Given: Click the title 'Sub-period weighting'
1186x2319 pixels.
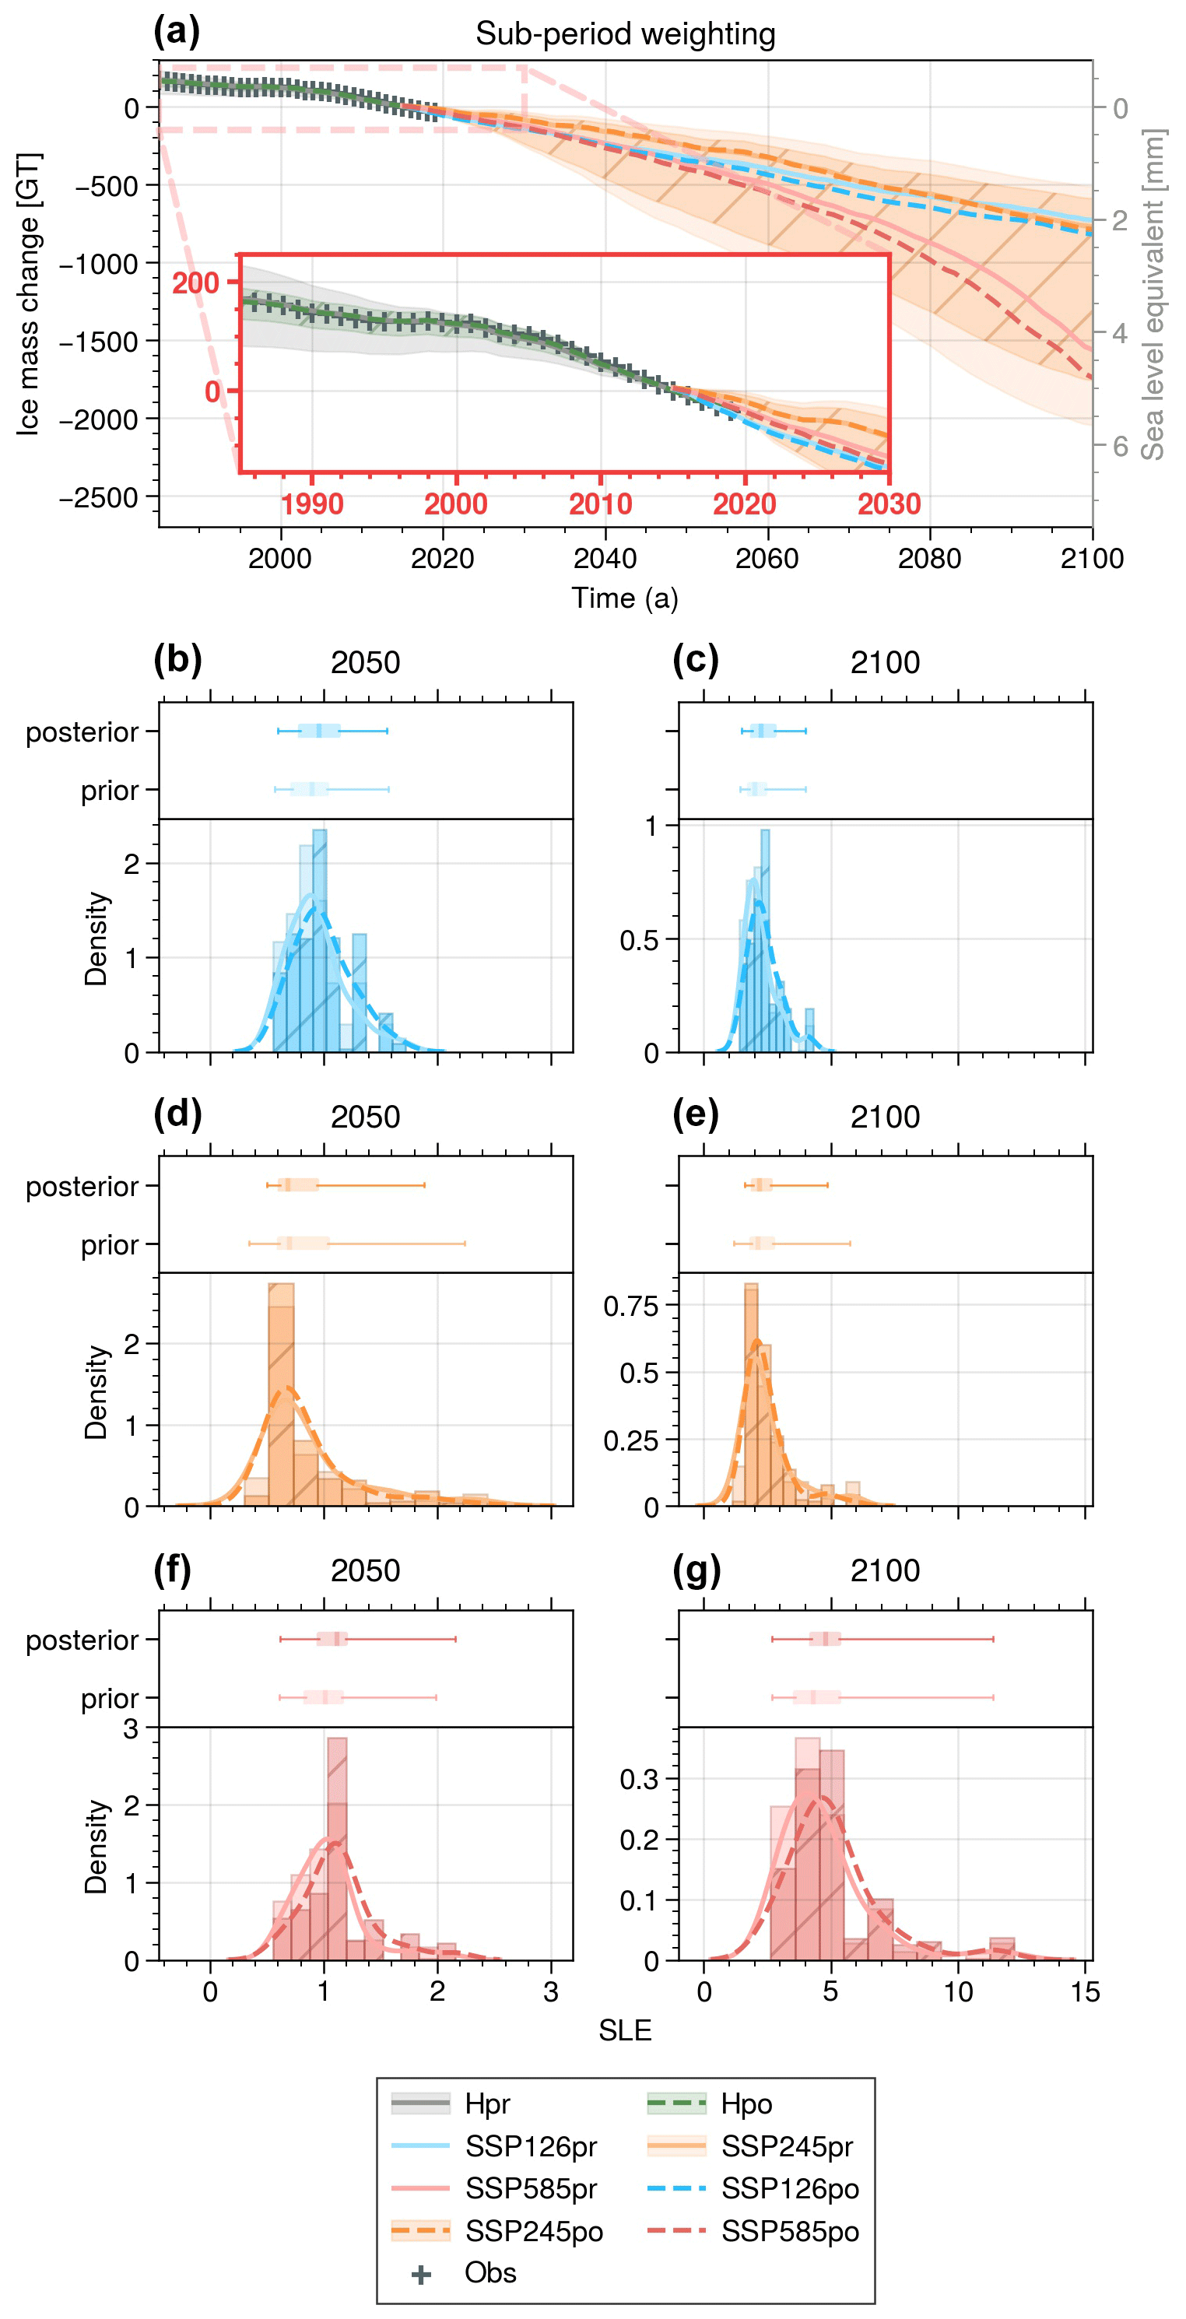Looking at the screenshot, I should pos(625,34).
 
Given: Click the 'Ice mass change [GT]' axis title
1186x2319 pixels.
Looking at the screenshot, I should pos(29,293).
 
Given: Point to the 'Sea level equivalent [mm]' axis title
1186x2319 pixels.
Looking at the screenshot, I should pos(1153,293).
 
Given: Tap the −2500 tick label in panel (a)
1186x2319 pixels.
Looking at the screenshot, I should pos(98,498).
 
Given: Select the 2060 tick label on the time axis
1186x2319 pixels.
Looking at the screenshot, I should pos(767,559).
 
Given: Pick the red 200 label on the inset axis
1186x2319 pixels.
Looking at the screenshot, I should pos(195,283).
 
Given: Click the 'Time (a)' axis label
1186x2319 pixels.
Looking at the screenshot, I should pos(625,598).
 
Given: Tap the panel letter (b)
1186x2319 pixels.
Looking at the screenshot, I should pos(177,660).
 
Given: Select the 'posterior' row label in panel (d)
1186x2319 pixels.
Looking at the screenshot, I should pos(82,1187).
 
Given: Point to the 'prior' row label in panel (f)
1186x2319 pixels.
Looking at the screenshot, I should pos(109,1699).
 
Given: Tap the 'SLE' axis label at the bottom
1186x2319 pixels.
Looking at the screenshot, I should pos(625,2030).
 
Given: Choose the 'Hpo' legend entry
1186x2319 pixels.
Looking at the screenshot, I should pos(746,2104).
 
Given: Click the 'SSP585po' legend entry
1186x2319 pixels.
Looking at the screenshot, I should pos(789,2231).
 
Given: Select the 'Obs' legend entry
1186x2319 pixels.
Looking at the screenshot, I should pos(490,2273).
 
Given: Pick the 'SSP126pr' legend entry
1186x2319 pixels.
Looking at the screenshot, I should pos(531,2146).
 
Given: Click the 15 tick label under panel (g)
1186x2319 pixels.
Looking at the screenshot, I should pos(1085,1992).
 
